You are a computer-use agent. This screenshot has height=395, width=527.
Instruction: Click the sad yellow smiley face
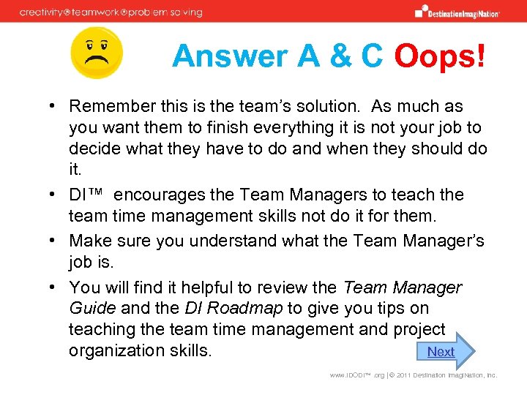(x=97, y=53)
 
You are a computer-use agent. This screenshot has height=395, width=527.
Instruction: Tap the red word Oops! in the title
(x=439, y=56)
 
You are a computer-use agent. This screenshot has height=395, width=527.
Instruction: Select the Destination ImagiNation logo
(x=457, y=12)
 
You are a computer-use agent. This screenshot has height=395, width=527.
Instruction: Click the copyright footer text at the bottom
(x=413, y=375)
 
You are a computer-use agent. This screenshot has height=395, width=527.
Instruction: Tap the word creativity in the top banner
(x=43, y=12)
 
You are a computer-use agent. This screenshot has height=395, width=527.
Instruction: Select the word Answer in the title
(x=217, y=56)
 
